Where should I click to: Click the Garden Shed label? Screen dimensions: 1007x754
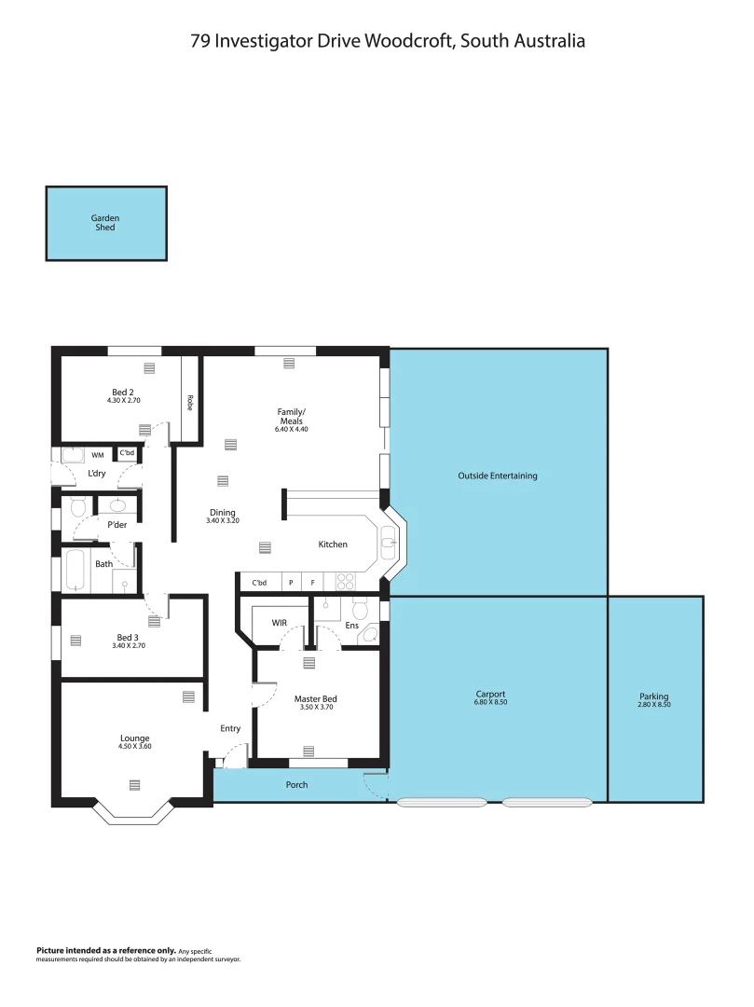coord(105,223)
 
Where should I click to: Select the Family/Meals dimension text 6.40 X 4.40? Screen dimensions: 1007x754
coord(291,429)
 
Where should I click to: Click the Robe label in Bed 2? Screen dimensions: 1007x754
coord(189,404)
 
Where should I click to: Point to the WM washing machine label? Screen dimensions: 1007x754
coord(98,455)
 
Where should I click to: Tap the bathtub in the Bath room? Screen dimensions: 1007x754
coord(75,570)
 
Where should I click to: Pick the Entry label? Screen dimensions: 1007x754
coord(230,728)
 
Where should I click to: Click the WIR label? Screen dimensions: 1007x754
coord(279,622)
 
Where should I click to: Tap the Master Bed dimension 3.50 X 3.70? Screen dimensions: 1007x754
coord(315,708)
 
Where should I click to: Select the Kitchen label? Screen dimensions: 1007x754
coord(333,545)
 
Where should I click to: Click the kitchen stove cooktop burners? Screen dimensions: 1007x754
coord(345,582)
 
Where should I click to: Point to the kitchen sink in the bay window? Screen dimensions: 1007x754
coord(389,540)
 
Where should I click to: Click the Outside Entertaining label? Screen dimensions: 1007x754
coord(497,476)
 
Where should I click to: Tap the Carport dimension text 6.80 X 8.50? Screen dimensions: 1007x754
coord(490,703)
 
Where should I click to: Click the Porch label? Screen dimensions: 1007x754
coord(296,785)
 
